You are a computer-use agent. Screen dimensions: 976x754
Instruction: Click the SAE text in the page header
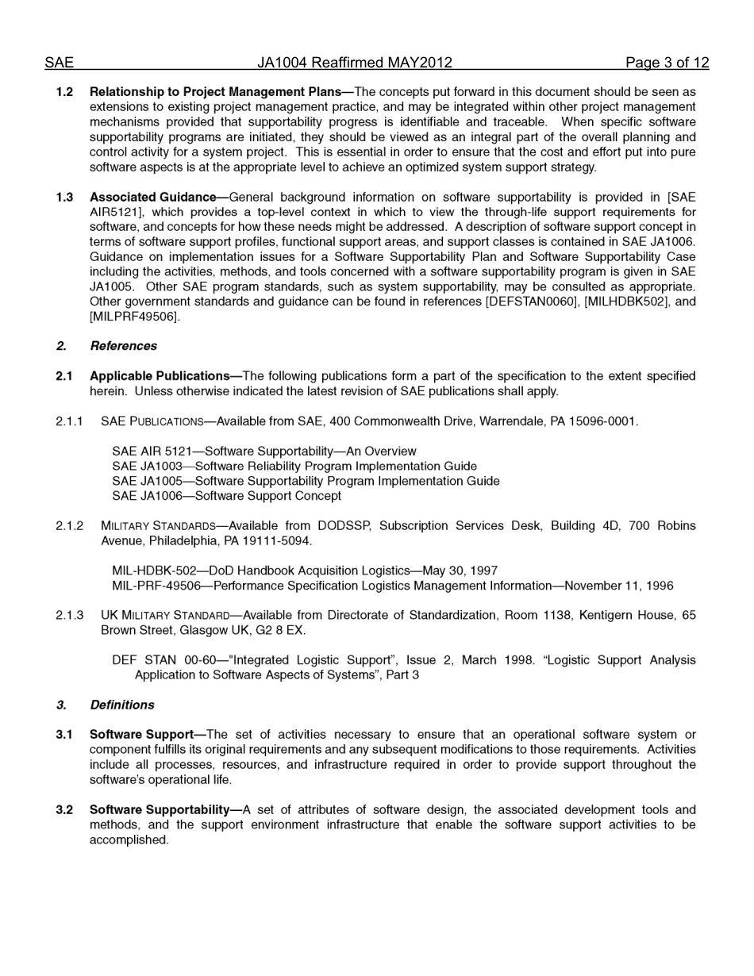(x=59, y=63)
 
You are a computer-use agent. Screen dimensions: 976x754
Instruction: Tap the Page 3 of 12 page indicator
(x=667, y=63)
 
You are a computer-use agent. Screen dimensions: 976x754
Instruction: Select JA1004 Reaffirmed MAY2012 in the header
(x=354, y=63)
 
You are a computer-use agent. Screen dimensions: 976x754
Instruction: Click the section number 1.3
(x=64, y=197)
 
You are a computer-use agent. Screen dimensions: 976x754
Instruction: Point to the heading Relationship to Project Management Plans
(x=215, y=92)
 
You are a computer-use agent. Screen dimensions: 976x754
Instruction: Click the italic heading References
(x=123, y=346)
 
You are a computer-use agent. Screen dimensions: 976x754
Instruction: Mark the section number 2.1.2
(x=69, y=526)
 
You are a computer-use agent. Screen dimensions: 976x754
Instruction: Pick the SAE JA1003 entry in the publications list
(x=294, y=467)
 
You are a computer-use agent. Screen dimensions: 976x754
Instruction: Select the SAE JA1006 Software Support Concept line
(x=226, y=496)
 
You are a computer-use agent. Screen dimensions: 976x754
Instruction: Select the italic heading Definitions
(x=122, y=705)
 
